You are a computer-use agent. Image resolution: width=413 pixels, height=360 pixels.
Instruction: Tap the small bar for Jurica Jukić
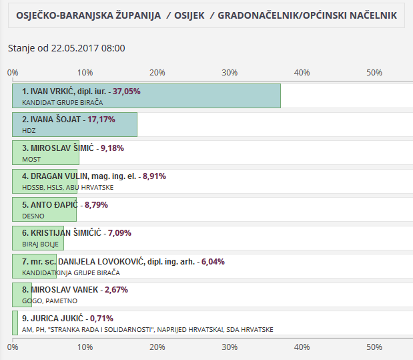15,323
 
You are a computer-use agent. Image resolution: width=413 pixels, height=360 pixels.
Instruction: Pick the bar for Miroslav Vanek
21,295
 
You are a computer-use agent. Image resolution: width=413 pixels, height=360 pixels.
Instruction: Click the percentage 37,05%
127,92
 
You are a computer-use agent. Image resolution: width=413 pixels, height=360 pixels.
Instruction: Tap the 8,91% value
154,176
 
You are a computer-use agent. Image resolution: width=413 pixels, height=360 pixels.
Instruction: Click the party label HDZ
29,131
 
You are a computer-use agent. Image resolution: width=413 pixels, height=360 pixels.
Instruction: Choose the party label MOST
31,160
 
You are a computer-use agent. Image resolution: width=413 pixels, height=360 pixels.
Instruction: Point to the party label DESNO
33,216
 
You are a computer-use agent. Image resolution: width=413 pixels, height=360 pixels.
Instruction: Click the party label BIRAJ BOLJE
41,245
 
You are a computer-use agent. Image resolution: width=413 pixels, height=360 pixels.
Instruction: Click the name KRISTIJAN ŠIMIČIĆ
65,233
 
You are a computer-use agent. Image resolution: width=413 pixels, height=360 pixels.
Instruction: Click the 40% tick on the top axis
302,72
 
